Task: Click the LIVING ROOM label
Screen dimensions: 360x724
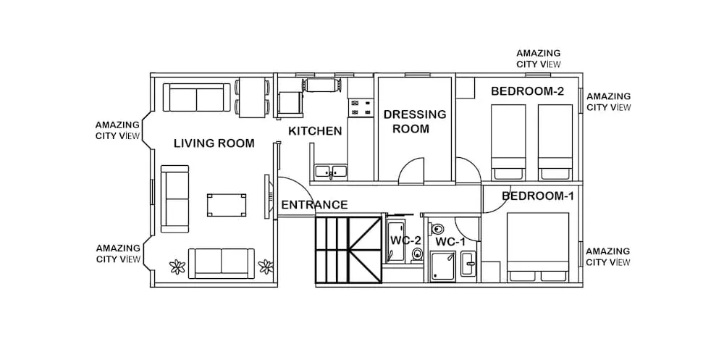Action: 214,143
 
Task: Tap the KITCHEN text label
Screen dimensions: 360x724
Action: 315,131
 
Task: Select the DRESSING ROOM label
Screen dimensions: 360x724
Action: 415,122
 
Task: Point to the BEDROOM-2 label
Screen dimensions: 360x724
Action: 527,91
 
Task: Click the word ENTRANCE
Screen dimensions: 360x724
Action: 314,205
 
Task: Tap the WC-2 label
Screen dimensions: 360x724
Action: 405,240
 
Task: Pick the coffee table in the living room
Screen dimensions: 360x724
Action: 226,205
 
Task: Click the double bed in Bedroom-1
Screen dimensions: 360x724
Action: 539,246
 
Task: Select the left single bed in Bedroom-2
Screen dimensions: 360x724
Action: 508,141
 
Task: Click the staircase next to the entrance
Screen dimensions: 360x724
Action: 348,250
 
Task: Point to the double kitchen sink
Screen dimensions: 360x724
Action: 330,172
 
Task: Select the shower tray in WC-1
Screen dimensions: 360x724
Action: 443,266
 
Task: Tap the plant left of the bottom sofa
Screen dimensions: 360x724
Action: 177,267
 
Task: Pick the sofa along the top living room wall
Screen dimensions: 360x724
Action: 196,97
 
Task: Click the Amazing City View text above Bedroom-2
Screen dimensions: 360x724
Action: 538,59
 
